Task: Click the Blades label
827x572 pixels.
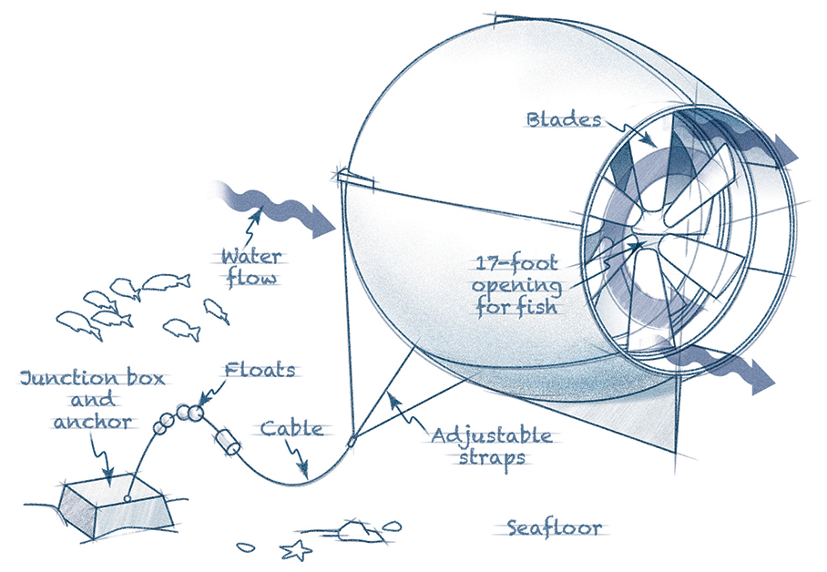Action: click(564, 119)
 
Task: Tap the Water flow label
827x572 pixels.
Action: click(250, 266)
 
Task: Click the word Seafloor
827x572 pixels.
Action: click(555, 527)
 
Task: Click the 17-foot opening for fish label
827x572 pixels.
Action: click(516, 286)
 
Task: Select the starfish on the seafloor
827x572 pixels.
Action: click(293, 550)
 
